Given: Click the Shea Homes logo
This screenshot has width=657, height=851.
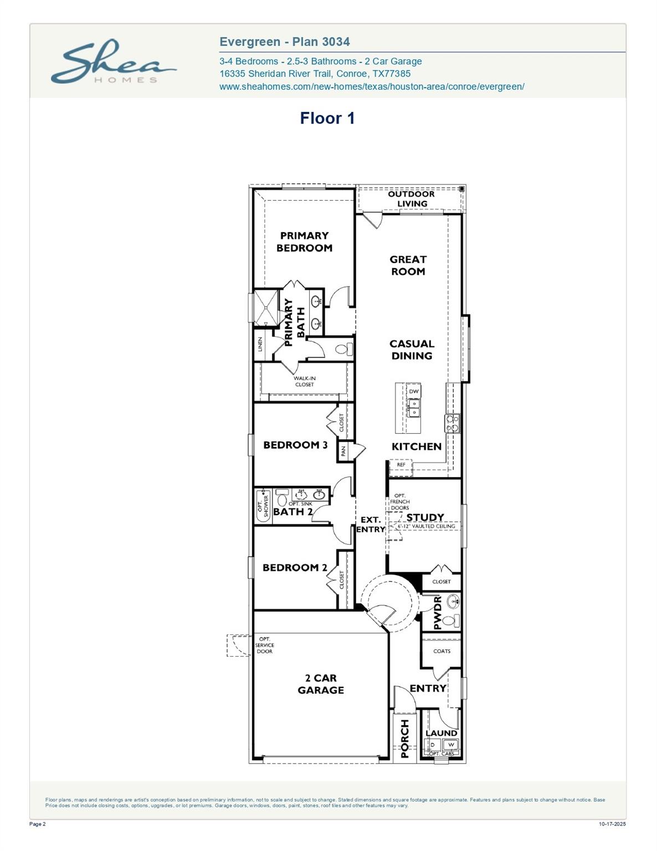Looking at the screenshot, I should click(x=113, y=61).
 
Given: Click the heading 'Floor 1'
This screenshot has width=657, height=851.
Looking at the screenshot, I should click(x=327, y=118).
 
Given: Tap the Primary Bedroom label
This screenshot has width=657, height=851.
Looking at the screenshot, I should click(x=304, y=242).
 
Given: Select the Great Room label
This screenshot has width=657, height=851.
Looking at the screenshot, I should click(x=408, y=265).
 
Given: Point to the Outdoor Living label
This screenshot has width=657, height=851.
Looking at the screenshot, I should click(x=411, y=199).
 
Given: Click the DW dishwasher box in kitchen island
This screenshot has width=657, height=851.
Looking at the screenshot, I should click(x=413, y=392).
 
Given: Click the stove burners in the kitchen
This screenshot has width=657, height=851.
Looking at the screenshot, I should click(x=452, y=424).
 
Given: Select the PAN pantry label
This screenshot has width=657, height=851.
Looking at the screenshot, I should click(x=343, y=452).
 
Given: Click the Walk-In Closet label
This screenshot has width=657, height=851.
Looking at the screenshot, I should click(x=304, y=382).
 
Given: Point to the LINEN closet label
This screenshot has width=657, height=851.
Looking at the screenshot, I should click(x=260, y=345).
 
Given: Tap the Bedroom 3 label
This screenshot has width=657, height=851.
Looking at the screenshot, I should click(x=295, y=445).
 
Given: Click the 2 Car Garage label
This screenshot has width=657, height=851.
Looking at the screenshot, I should click(x=321, y=684).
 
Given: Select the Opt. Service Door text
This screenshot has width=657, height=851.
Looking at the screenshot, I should click(x=264, y=645).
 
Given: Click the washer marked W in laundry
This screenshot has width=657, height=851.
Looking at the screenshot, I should click(x=451, y=745).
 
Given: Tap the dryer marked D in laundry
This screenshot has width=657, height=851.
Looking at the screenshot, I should click(x=433, y=745).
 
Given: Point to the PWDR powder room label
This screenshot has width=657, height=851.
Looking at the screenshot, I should click(x=437, y=613).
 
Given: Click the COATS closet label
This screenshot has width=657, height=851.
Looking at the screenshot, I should click(x=442, y=651).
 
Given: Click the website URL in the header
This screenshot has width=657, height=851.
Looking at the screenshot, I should click(x=372, y=86).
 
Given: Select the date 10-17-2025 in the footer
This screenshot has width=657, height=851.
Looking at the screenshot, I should click(x=612, y=824).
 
